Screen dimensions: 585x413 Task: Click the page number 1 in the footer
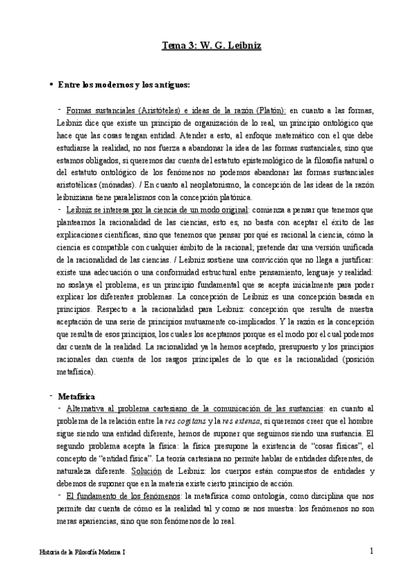tap(372, 551)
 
